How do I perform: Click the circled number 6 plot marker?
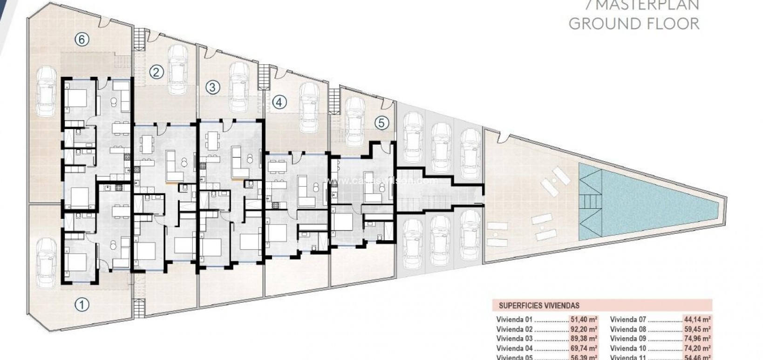82,40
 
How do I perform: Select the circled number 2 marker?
157,72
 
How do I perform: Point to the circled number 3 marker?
212,87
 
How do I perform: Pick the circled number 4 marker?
279,102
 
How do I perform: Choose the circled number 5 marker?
381,123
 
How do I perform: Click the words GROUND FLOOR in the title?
634,23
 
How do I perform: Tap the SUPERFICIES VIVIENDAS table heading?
539,306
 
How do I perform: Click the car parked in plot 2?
177,68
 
